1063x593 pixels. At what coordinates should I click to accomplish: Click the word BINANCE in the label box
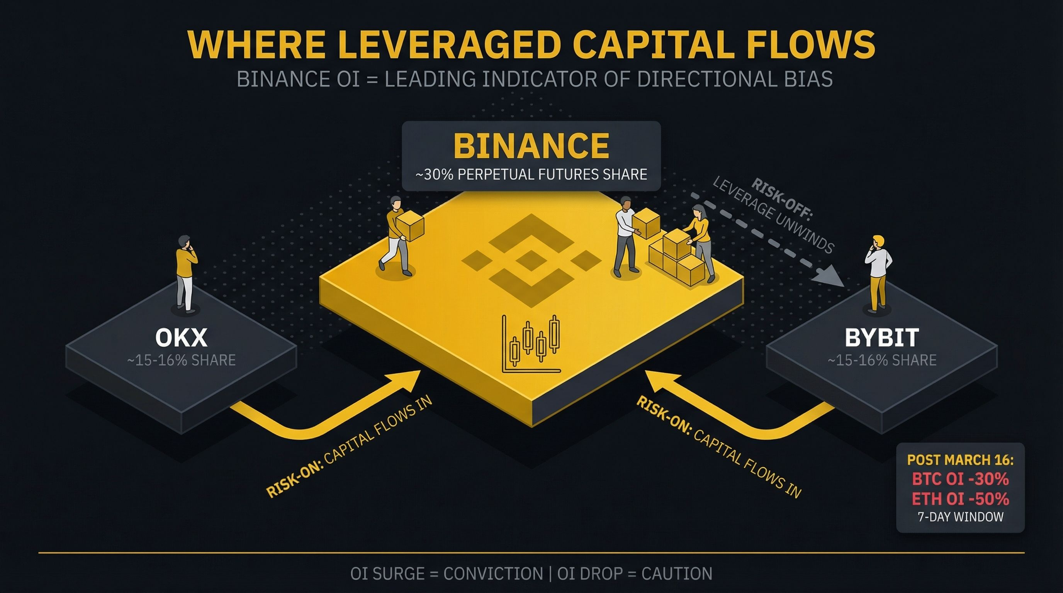[x=531, y=146]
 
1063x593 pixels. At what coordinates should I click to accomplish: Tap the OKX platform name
[x=181, y=338]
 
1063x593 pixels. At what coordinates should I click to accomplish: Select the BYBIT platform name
[x=882, y=338]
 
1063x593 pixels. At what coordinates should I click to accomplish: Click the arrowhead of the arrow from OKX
[x=409, y=380]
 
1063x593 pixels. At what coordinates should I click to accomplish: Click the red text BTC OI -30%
[x=960, y=479]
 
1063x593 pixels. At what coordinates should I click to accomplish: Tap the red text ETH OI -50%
[x=960, y=499]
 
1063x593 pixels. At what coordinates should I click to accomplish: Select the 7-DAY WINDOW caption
[x=960, y=517]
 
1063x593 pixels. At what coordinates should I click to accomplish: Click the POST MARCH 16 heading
[x=960, y=460]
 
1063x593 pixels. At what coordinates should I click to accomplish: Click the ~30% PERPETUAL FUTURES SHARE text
[x=531, y=175]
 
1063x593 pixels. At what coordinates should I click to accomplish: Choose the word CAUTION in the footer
[x=677, y=574]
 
